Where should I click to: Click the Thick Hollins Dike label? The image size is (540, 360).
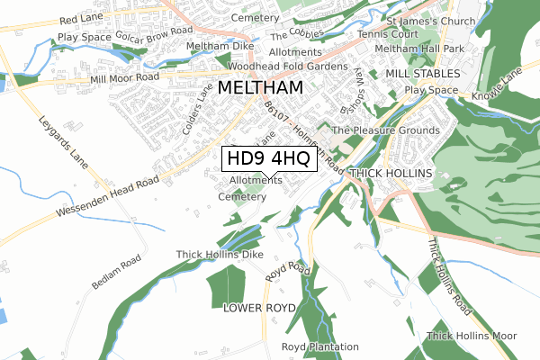click(x=220, y=255)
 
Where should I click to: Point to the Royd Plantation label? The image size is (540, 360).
click(x=319, y=346)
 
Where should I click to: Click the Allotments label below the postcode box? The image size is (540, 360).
click(x=256, y=181)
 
